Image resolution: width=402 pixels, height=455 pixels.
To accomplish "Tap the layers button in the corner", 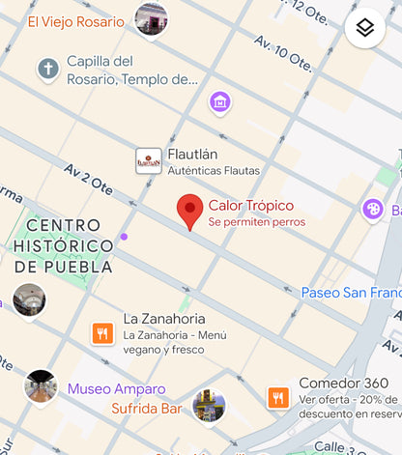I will [x=364, y=28].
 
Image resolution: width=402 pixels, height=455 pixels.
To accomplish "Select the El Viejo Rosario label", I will [x=75, y=21].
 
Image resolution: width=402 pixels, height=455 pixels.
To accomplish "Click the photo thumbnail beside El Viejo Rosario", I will [x=151, y=17].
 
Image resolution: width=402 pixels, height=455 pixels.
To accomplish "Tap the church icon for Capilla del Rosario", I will [x=47, y=70].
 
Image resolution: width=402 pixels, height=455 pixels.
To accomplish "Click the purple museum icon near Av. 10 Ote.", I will [x=220, y=101].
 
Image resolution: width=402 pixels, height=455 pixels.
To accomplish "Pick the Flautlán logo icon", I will [x=149, y=160].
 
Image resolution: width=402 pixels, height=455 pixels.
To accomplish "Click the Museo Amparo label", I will [x=116, y=389].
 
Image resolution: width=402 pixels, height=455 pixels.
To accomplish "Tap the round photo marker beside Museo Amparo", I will [x=41, y=386].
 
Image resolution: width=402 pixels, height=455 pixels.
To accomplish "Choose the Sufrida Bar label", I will [x=145, y=409].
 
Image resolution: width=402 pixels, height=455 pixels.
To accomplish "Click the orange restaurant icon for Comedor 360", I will [x=278, y=397].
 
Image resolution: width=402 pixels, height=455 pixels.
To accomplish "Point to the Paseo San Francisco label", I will [x=351, y=293].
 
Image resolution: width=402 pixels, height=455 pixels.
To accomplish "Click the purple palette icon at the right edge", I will [x=373, y=209].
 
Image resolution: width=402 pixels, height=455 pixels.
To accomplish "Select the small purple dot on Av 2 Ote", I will [x=124, y=237].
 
